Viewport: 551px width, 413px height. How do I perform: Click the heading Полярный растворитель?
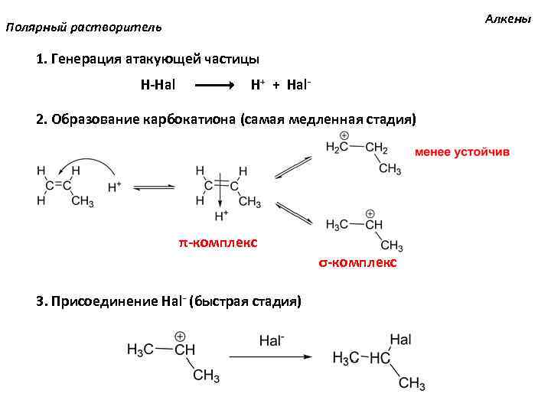(83, 28)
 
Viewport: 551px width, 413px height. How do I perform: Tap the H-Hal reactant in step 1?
(157, 84)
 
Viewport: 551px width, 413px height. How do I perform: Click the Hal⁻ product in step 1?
(298, 84)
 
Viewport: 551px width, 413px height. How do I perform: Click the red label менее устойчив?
(461, 151)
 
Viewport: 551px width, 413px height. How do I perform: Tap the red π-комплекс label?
(218, 243)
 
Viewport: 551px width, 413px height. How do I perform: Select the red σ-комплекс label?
(357, 262)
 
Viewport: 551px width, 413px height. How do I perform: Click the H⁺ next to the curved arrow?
(116, 186)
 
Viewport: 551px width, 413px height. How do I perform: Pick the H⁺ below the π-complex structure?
(222, 216)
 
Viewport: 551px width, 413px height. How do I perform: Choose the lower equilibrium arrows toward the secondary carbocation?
(293, 213)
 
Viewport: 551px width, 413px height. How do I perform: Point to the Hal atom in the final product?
(401, 339)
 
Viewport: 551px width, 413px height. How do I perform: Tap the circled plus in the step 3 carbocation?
(181, 336)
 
